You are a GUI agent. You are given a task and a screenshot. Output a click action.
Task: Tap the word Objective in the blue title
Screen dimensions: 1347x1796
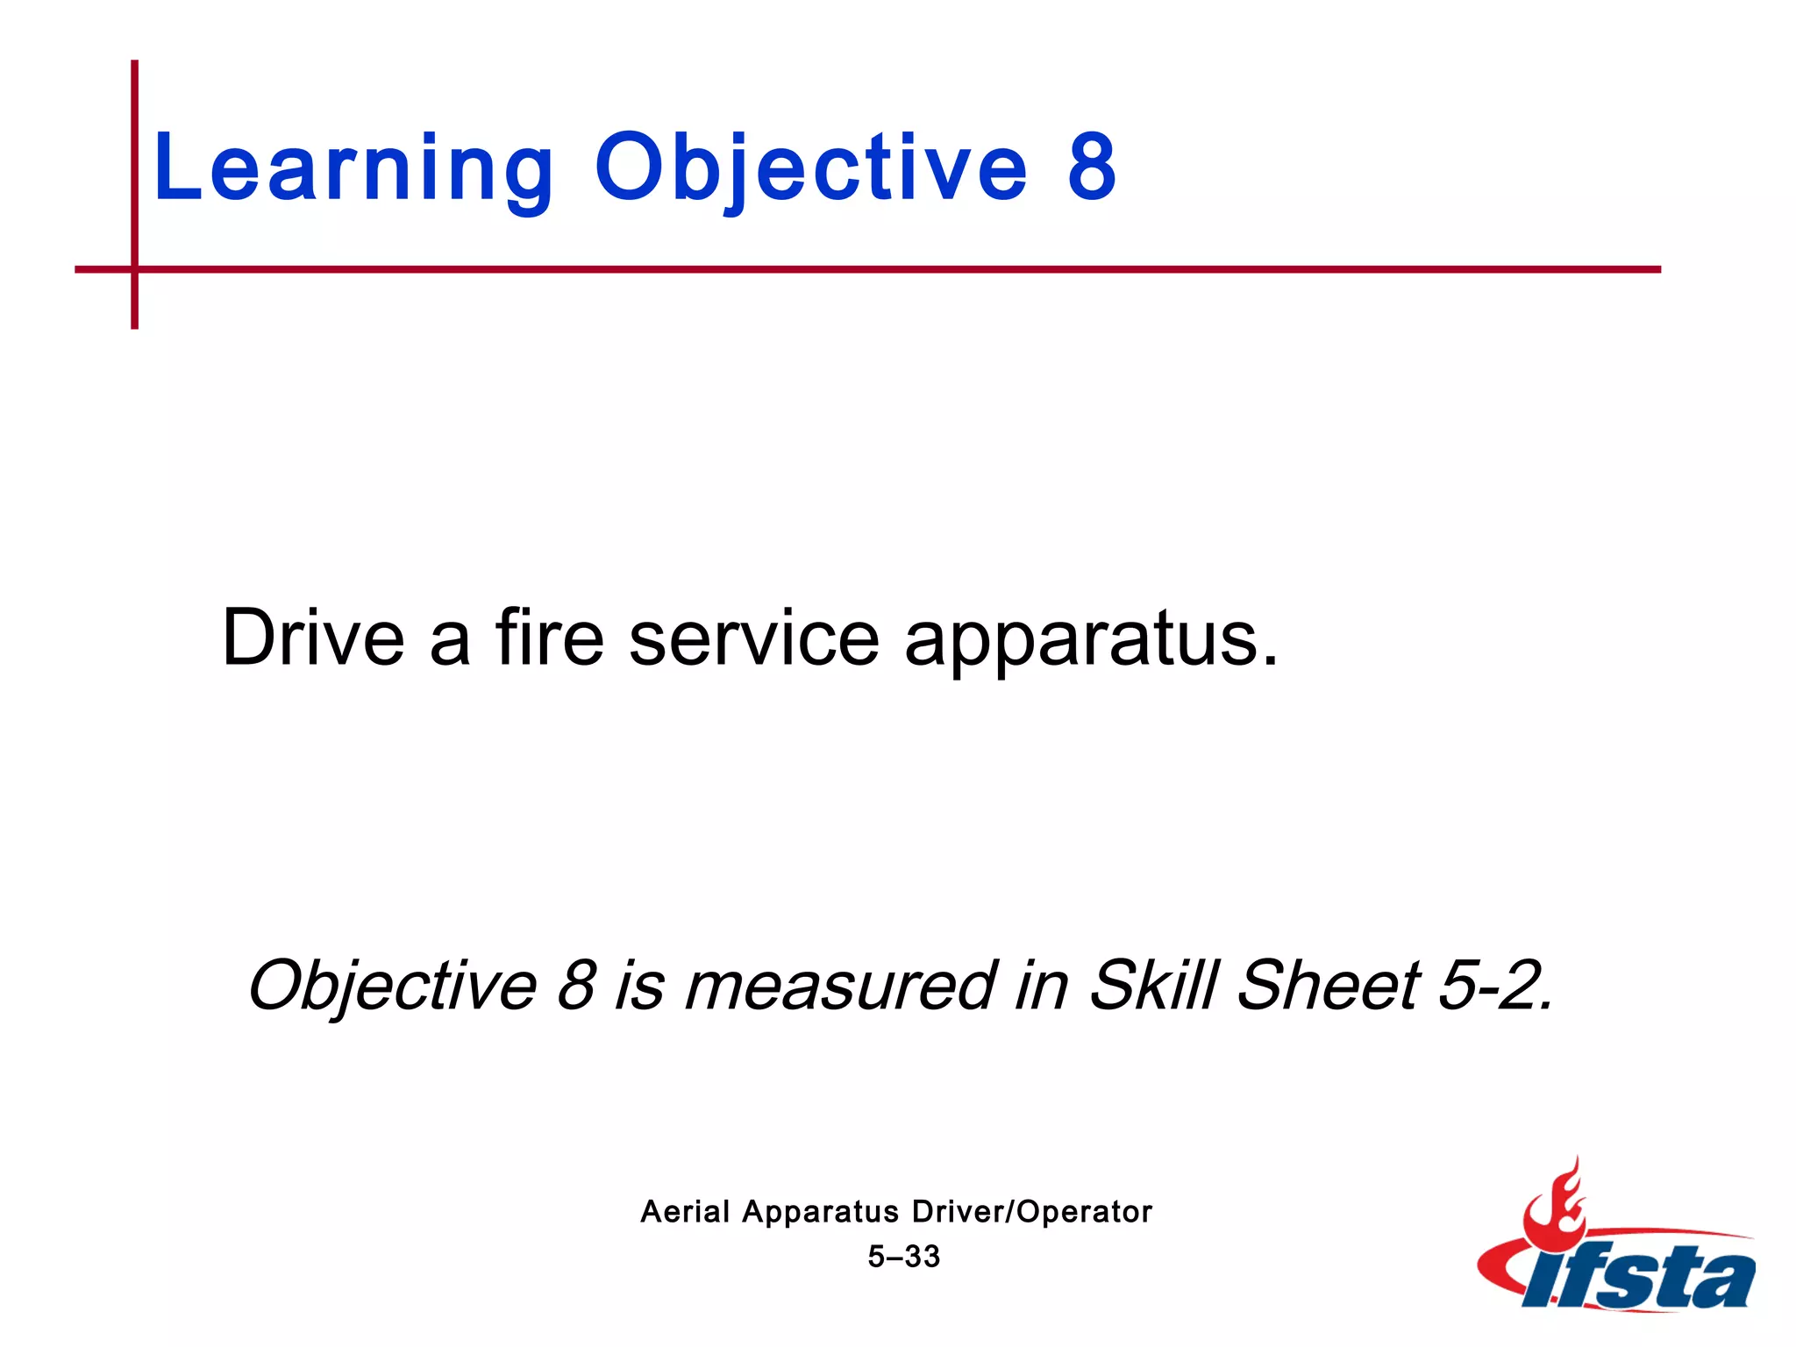[810, 168]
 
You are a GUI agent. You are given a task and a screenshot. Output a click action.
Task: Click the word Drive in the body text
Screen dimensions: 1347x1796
[313, 638]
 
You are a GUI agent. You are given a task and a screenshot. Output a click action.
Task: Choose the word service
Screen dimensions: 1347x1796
[754, 638]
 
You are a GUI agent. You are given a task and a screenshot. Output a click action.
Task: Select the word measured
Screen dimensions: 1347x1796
[840, 986]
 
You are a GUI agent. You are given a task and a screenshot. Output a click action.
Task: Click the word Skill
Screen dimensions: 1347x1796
[1154, 984]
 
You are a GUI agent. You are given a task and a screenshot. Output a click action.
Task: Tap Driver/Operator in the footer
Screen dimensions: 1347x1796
[1032, 1212]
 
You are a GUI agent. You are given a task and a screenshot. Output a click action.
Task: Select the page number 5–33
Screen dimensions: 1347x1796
[904, 1257]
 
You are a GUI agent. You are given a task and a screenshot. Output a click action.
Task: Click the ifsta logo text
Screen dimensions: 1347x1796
[1640, 1279]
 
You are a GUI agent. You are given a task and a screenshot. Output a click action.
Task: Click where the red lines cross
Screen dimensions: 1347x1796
[135, 269]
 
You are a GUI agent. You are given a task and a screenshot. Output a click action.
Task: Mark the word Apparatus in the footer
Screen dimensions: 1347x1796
[821, 1212]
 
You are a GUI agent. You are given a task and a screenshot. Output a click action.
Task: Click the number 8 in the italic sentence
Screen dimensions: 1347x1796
[577, 986]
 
